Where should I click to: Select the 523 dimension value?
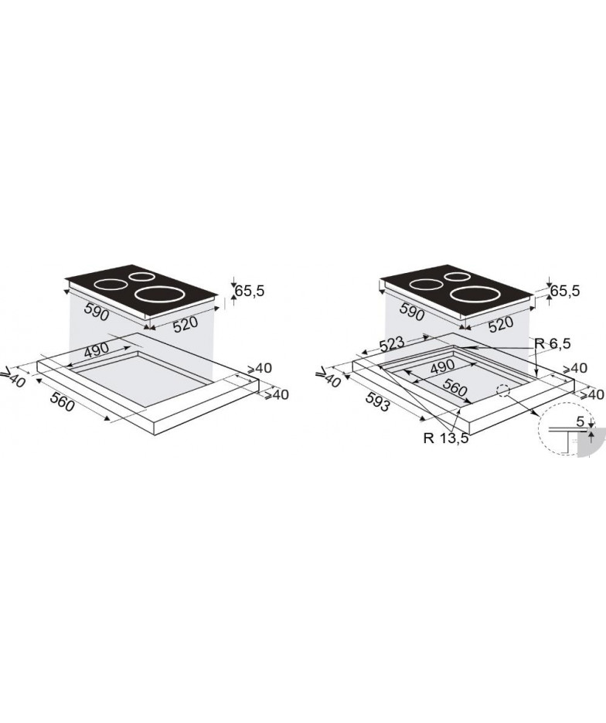point(391,344)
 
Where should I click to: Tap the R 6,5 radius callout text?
point(553,343)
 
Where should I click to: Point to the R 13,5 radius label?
point(446,438)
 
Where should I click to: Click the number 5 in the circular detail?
point(580,421)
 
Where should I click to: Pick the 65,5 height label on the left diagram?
point(250,292)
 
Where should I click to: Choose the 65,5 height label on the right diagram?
point(564,292)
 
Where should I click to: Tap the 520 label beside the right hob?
point(500,324)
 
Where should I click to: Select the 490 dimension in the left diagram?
point(97,350)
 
